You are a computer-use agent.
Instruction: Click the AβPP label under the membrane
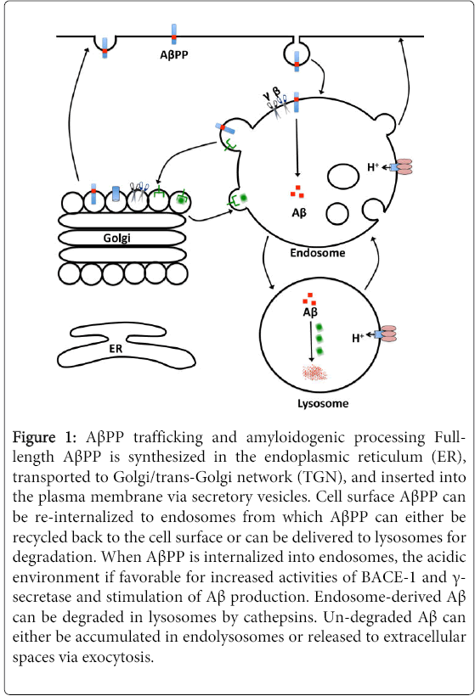pyautogui.click(x=174, y=54)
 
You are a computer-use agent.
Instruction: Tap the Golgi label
pyautogui.click(x=117, y=238)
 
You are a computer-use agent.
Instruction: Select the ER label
pyautogui.click(x=116, y=349)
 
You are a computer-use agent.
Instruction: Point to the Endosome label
pyautogui.click(x=317, y=253)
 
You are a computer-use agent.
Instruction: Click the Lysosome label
pyautogui.click(x=323, y=403)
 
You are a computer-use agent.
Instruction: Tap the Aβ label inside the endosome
pyautogui.click(x=299, y=213)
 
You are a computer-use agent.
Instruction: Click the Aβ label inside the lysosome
pyautogui.click(x=310, y=312)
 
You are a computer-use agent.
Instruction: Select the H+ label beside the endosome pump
pyautogui.click(x=373, y=167)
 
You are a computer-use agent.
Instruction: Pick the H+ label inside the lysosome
pyautogui.click(x=358, y=338)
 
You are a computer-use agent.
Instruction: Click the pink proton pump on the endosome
pyautogui.click(x=402, y=167)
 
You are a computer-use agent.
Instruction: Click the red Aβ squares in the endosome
pyautogui.click(x=297, y=191)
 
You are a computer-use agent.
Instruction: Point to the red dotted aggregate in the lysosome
pyautogui.click(x=314, y=373)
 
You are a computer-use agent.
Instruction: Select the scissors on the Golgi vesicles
pyautogui.click(x=139, y=191)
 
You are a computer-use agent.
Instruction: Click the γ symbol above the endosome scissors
pyautogui.click(x=266, y=94)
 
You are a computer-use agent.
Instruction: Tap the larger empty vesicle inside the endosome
pyautogui.click(x=343, y=177)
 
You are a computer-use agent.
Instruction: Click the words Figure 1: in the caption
pyautogui.click(x=44, y=438)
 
